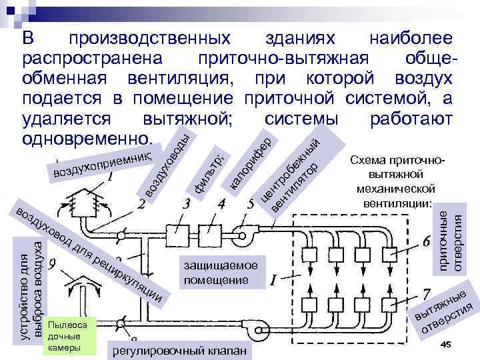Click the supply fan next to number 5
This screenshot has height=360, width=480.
243,232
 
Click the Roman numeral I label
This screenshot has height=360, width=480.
273,283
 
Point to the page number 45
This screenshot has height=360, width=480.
446,343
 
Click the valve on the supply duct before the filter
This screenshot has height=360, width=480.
120,235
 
